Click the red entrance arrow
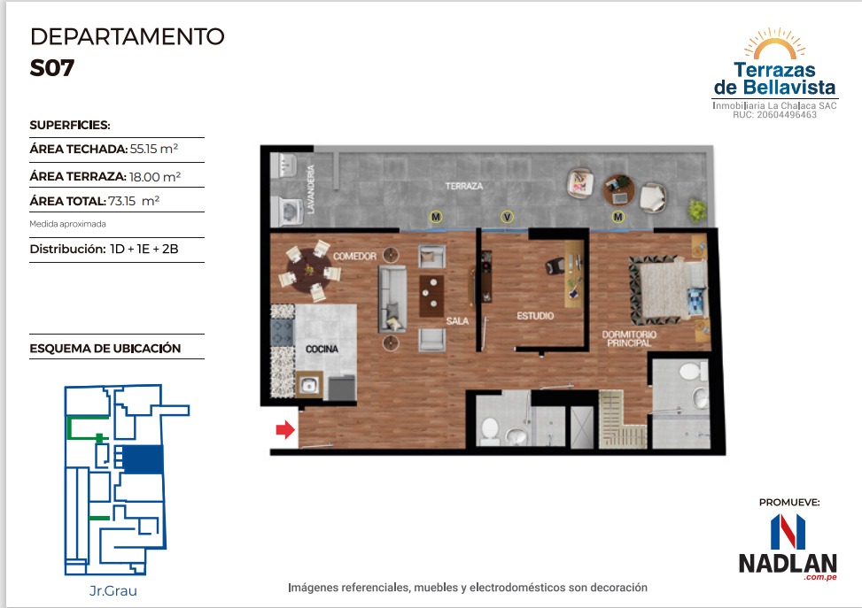(x=285, y=429)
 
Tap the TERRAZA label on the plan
(x=464, y=186)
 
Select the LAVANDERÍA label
(x=311, y=189)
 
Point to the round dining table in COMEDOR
(x=309, y=270)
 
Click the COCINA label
(x=322, y=349)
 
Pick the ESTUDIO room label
(x=535, y=316)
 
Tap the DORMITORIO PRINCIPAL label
(x=629, y=338)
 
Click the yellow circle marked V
(x=507, y=217)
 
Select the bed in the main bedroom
(x=668, y=289)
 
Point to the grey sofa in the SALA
(x=392, y=299)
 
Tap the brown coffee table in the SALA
(x=431, y=296)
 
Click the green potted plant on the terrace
(x=697, y=209)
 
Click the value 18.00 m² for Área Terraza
(x=154, y=176)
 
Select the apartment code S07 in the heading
(x=52, y=67)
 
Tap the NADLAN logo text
(x=788, y=563)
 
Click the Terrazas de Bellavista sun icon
(x=774, y=43)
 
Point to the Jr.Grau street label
(x=113, y=591)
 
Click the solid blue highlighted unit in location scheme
(x=143, y=459)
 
